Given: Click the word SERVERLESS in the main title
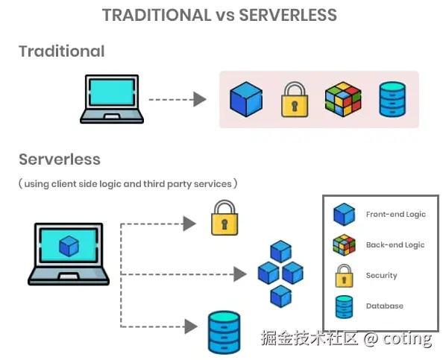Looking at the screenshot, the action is coord(288,15).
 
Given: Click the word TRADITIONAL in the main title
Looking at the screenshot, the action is coord(157,15).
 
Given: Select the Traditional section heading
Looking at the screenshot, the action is coord(62,51).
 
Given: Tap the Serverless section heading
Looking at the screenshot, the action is coord(60,160).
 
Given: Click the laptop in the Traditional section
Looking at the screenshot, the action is coord(112,99).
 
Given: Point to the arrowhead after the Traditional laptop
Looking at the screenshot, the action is coord(200,99).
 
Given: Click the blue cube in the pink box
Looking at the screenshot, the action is coord(246,99).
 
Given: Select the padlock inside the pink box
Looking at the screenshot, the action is coord(295,99).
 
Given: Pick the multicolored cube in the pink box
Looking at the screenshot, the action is coord(343,99).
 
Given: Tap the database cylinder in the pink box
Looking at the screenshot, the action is coord(392,99).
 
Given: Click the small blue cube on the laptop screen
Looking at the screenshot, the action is coord(69,246).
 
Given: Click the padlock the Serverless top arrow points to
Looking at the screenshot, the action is coord(224,218).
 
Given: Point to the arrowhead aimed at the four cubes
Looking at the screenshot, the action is coord(240,274).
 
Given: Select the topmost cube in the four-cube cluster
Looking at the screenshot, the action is coord(281,251).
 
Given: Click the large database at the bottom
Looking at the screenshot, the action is coord(224,332).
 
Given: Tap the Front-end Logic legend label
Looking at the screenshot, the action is coord(396,215).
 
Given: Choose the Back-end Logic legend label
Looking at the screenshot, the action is coord(395,244).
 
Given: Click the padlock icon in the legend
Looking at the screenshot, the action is coord(344,276).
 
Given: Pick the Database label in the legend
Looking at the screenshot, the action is coord(385,306).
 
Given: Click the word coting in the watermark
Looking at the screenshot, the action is coord(407,338).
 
